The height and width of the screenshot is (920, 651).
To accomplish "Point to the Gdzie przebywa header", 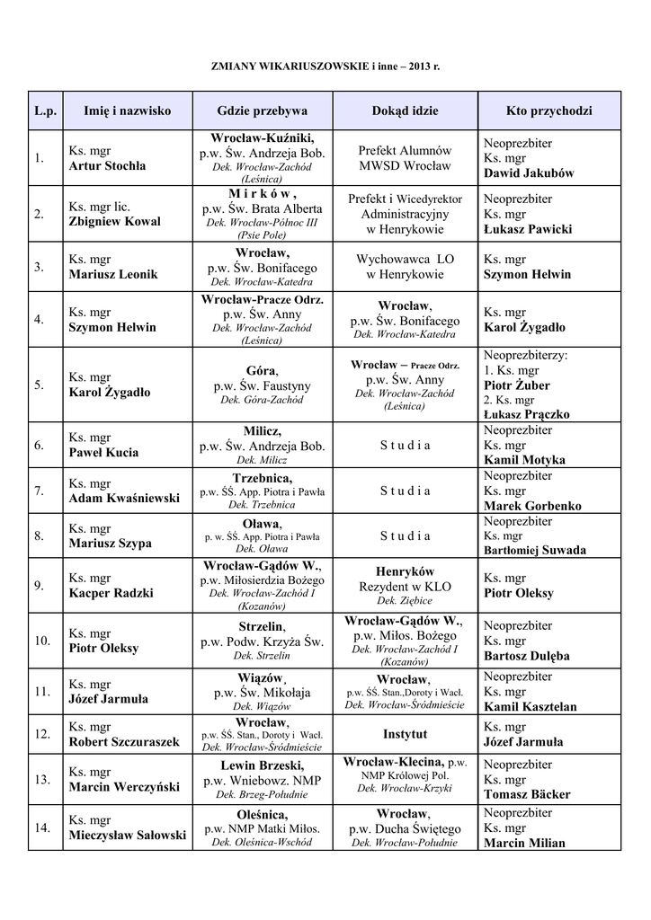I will [262, 111].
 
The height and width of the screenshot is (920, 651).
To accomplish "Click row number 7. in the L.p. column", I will [40, 491].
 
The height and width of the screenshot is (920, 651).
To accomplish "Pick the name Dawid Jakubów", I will [529, 173].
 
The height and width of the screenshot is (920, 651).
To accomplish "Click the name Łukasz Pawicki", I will [527, 229].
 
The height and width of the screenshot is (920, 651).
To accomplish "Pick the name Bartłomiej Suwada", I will [535, 550].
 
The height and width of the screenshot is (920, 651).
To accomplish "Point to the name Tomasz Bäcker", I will [527, 794].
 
